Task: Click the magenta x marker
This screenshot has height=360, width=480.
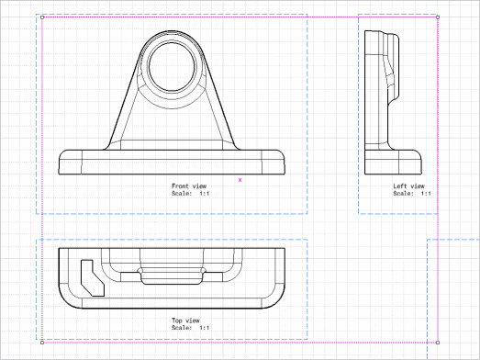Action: pos(240,180)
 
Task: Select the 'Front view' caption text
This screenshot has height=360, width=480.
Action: pos(189,186)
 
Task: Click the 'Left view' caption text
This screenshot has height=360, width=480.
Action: pos(408,186)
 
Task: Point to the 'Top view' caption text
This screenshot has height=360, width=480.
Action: pos(185,321)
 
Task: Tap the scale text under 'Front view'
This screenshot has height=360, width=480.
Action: pos(190,194)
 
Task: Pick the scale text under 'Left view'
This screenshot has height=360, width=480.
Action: pos(412,194)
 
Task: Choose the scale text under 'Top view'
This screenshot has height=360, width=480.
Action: pos(190,328)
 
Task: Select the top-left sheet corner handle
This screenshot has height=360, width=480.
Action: pos(42,17)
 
